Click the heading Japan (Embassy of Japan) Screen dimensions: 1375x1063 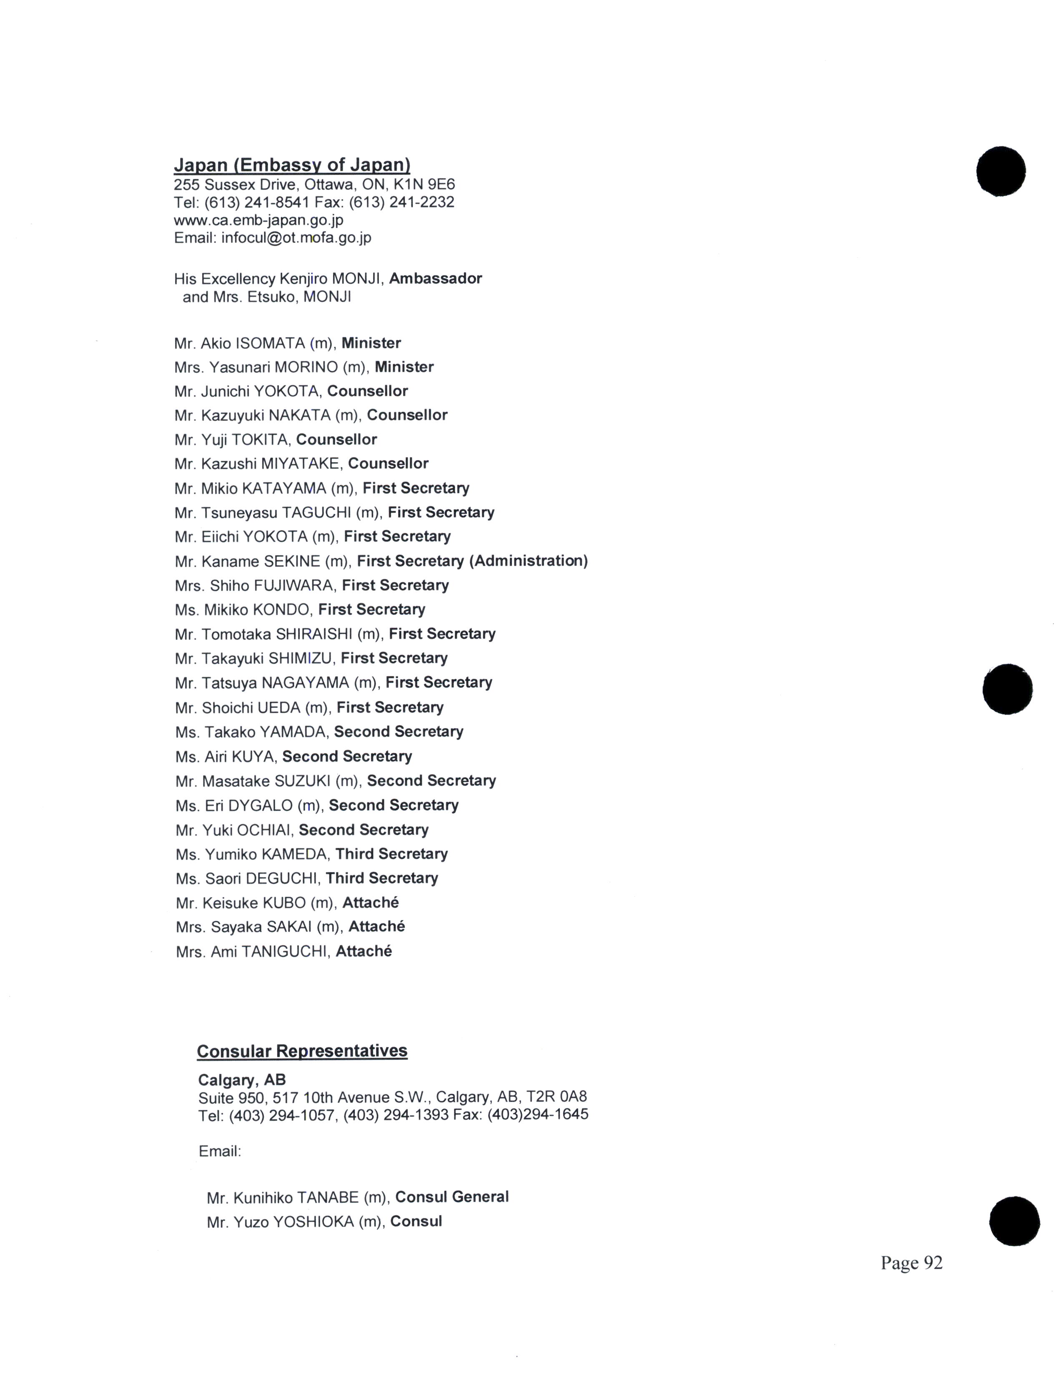[291, 165]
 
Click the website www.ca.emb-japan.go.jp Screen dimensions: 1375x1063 [258, 220]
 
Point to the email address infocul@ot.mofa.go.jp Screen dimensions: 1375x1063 [296, 237]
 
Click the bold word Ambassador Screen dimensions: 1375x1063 [435, 278]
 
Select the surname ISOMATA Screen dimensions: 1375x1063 [270, 343]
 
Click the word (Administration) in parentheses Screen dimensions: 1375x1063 [528, 560]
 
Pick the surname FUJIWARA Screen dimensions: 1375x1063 [293, 585]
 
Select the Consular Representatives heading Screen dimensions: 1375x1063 [302, 1051]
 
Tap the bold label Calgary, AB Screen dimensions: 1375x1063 [242, 1080]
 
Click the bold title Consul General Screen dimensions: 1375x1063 [451, 1197]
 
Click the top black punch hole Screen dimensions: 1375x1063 [1000, 171]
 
